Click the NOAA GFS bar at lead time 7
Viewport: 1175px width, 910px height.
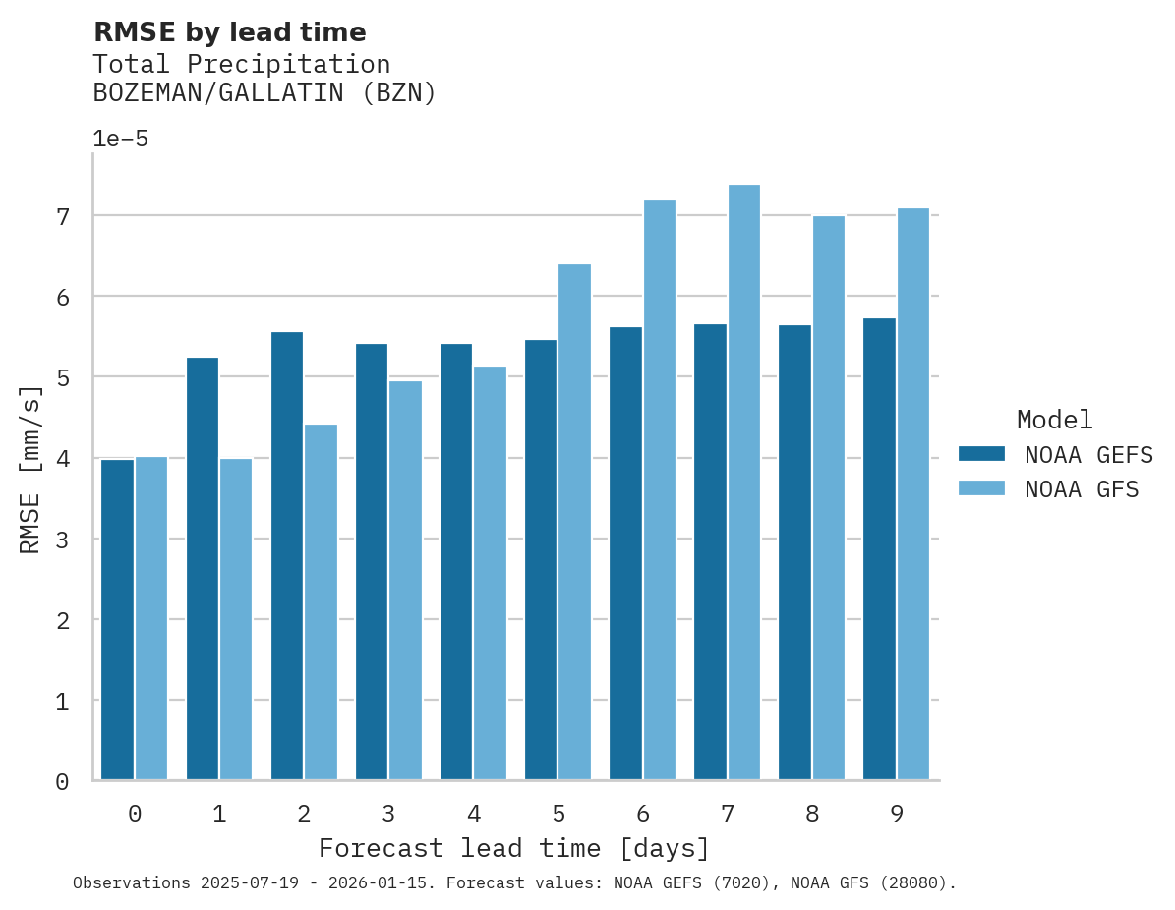[x=743, y=483]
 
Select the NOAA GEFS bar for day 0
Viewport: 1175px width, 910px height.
[x=117, y=620]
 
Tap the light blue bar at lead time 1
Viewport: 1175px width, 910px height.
[x=236, y=620]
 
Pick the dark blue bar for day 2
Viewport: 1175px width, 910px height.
[x=287, y=556]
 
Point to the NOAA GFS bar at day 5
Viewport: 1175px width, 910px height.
[x=574, y=522]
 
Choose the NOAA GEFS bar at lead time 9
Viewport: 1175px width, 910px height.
[x=879, y=549]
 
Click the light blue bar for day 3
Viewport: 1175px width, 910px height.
[x=405, y=581]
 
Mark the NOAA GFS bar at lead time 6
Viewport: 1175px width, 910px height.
[x=659, y=490]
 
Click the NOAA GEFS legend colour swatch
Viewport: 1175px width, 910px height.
[x=981, y=454]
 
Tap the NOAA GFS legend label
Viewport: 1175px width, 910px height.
[x=1082, y=489]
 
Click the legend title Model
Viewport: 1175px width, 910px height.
[x=1054, y=421]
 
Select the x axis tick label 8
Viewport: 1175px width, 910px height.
[x=811, y=815]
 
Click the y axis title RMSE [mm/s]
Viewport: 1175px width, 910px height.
[x=30, y=469]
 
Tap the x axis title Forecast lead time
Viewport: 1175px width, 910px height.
[x=513, y=848]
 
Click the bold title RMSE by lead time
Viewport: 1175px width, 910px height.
[x=229, y=32]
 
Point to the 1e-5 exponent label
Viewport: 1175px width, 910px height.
[x=120, y=140]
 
